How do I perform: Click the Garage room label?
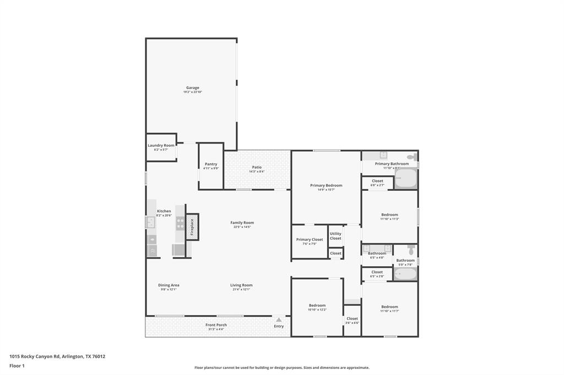[x=192, y=87]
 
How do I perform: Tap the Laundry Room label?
[x=161, y=145]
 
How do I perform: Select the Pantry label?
[x=211, y=164]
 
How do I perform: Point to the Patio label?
[x=257, y=167]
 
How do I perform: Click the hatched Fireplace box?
[x=192, y=227]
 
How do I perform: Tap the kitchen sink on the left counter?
[x=150, y=223]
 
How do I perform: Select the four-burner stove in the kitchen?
[x=180, y=223]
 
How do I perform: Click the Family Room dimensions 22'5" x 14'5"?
[x=242, y=227]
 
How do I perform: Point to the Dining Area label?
[x=169, y=285]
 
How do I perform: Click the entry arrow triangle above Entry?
[x=279, y=319]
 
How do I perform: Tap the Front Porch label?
[x=216, y=324]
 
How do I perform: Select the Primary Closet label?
[x=310, y=240]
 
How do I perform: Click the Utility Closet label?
[x=335, y=236]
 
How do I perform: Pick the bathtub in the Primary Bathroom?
[x=406, y=179]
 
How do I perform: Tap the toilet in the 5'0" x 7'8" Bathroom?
[x=411, y=251]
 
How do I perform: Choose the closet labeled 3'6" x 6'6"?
[x=352, y=320]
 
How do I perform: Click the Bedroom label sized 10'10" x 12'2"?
[x=317, y=305]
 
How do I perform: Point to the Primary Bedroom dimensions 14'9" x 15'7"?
[x=326, y=190]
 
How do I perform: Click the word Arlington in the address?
[x=73, y=356]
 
